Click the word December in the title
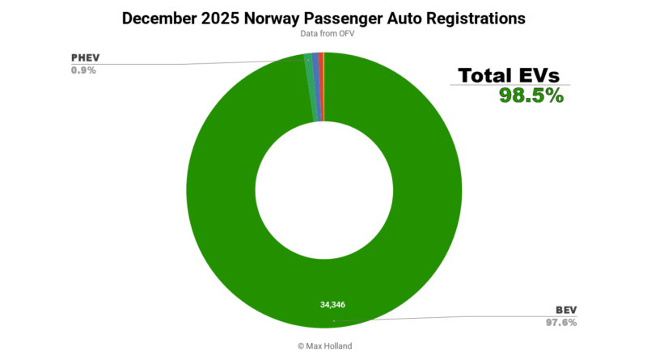tap(159, 17)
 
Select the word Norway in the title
tap(277, 17)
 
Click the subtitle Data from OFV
tap(323, 33)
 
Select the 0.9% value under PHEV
tap(84, 70)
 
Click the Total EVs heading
tap(510, 74)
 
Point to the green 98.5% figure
tap(531, 95)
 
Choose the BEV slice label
tap(565, 310)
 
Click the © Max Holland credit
tap(323, 345)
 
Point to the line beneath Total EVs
tap(510, 85)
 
